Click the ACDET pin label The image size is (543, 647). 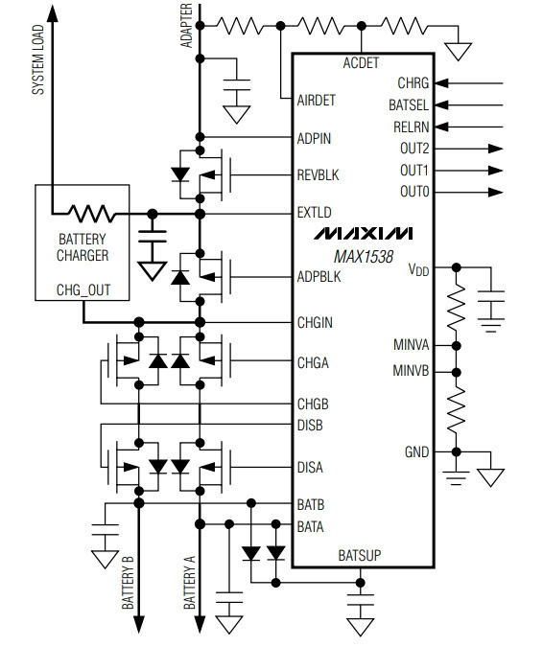(361, 62)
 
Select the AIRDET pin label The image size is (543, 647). (317, 101)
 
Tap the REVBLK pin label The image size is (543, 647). (318, 175)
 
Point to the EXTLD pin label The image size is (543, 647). (315, 213)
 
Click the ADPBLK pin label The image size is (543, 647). (319, 276)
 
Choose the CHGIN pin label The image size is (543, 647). (315, 322)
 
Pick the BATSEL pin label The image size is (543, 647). (409, 104)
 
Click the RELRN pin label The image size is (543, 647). (411, 127)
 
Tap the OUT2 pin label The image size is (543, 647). (414, 149)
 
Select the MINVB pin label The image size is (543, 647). (411, 371)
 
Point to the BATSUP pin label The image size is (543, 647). (359, 555)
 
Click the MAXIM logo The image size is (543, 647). (364, 234)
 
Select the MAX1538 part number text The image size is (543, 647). (364, 257)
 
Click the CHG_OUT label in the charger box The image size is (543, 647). (83, 290)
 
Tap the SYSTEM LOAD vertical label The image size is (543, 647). (38, 59)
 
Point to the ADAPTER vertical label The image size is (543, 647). (187, 26)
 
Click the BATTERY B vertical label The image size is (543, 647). (128, 583)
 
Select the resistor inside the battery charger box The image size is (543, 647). (92, 214)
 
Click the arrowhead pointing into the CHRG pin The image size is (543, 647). (442, 83)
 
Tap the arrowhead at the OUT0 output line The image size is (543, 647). (496, 192)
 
